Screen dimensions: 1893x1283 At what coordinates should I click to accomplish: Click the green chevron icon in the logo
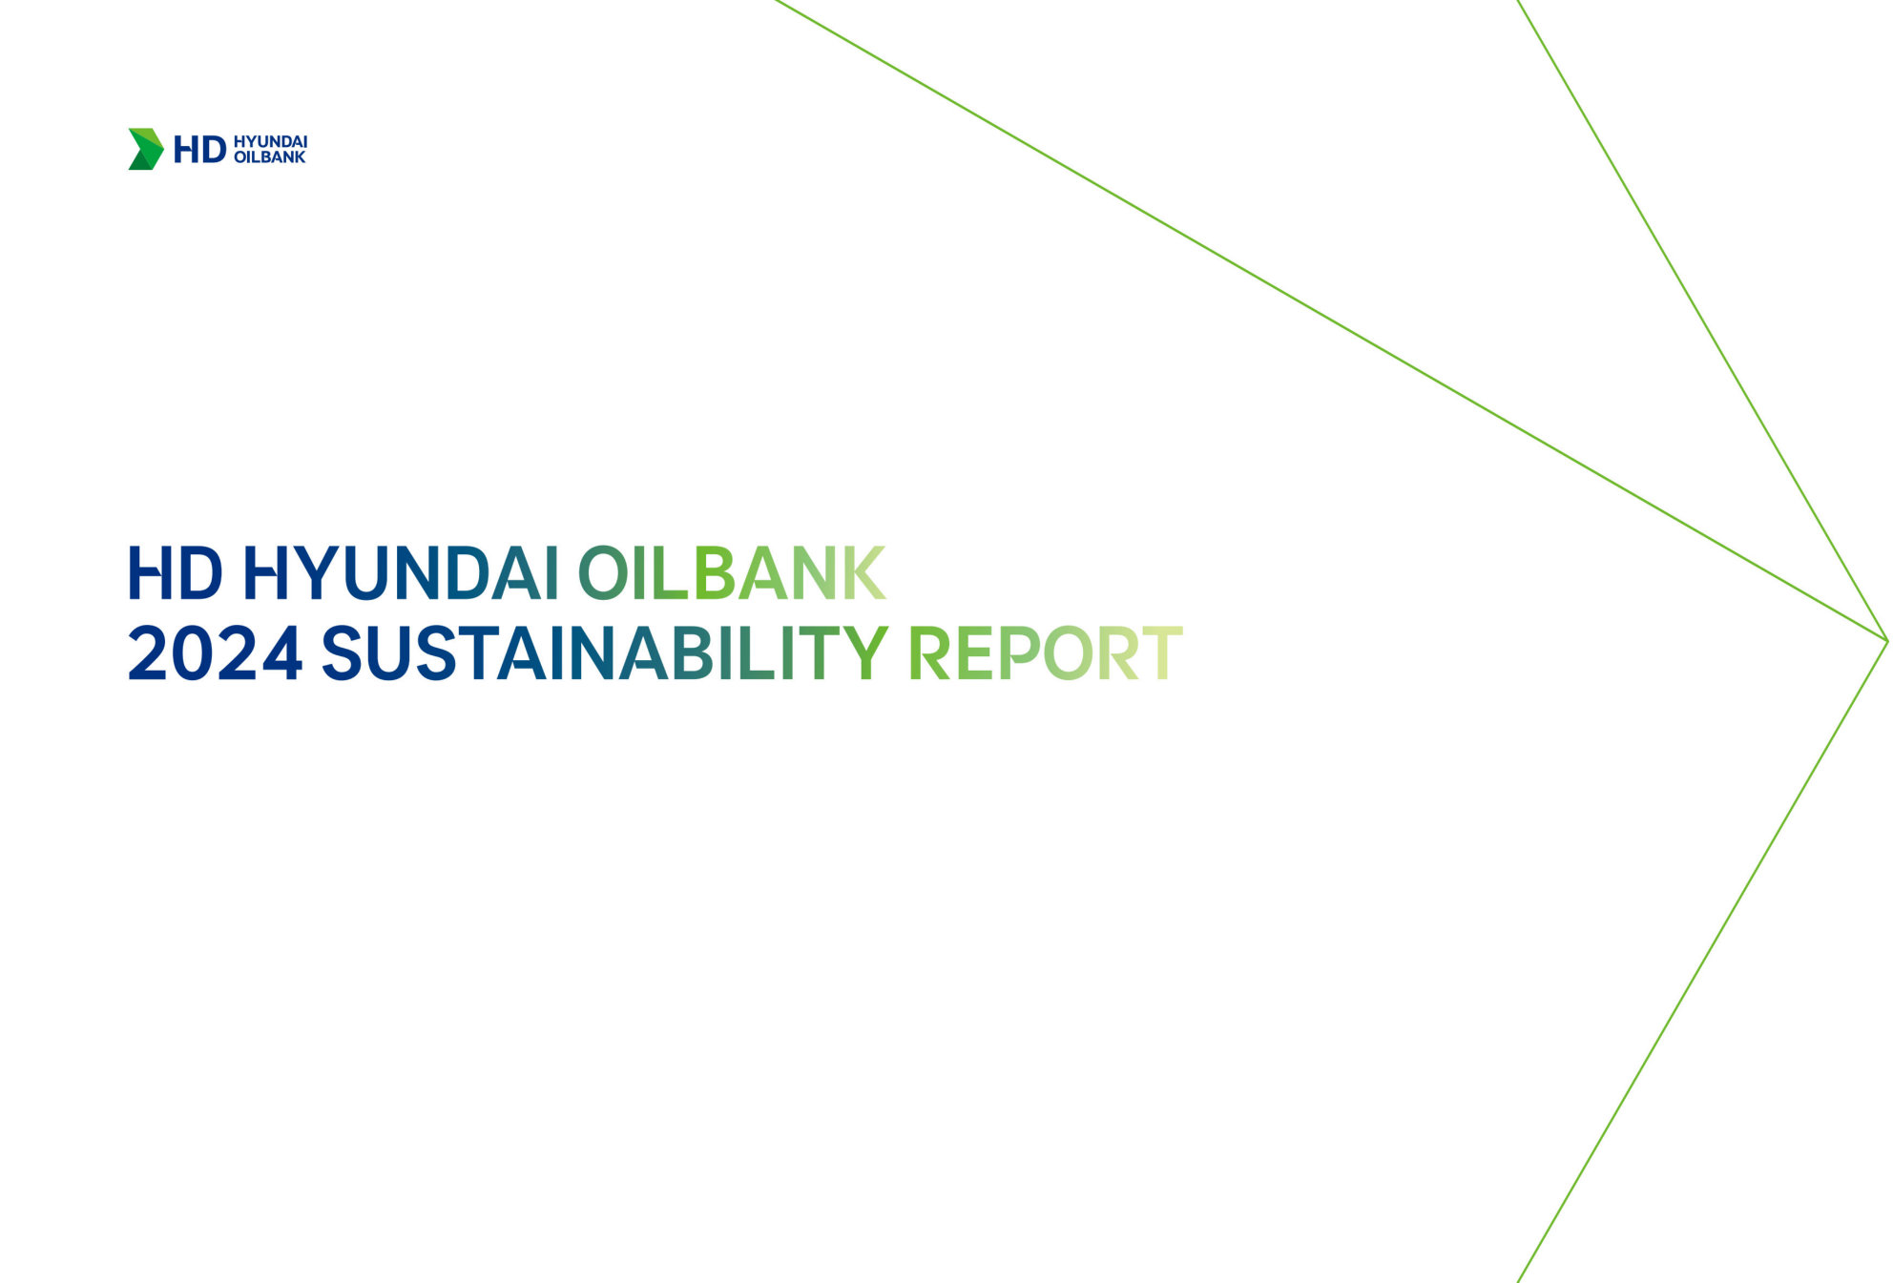146,149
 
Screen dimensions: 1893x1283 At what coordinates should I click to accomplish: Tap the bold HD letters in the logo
199,150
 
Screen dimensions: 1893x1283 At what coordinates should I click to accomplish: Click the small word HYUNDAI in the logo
270,142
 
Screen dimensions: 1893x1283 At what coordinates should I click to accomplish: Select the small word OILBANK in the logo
269,157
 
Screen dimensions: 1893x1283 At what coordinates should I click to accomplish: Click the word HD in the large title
175,573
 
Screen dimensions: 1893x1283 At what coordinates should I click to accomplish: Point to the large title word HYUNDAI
401,573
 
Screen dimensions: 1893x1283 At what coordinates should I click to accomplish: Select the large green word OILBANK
732,573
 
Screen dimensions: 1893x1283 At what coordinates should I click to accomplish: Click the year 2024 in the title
215,653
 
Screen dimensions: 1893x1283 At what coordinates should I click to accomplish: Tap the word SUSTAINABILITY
605,653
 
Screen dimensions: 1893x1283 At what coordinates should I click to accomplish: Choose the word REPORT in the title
1046,653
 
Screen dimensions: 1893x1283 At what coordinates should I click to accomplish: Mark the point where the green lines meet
1887,641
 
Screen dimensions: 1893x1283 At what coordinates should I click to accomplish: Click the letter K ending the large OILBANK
864,573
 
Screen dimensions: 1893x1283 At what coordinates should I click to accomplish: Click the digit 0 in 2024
193,653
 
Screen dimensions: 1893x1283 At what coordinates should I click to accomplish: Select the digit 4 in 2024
281,653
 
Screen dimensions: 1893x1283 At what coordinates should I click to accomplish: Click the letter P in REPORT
1019,653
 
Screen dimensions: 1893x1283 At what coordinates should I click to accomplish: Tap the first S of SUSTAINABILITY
343,653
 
